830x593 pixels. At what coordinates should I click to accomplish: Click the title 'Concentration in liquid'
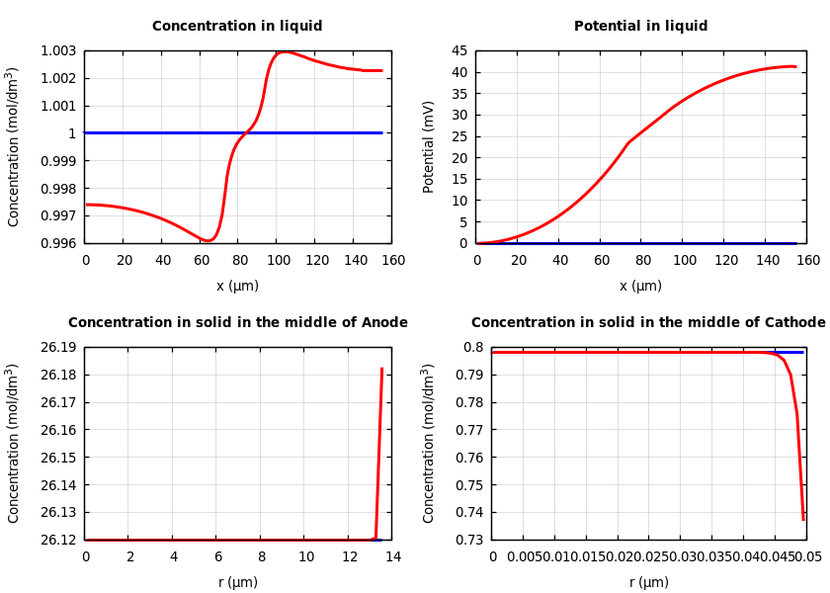(x=237, y=27)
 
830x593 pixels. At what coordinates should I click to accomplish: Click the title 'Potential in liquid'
(x=640, y=27)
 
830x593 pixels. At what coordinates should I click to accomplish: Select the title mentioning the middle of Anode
(x=237, y=323)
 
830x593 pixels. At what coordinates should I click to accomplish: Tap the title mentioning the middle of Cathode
(x=647, y=323)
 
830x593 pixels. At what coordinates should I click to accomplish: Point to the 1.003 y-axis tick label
(x=58, y=51)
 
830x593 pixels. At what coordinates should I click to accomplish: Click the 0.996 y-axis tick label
(x=58, y=243)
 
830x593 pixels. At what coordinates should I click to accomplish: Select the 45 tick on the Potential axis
(x=459, y=51)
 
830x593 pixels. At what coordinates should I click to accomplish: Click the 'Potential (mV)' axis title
(x=429, y=146)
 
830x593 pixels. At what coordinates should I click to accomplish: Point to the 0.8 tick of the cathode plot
(x=474, y=348)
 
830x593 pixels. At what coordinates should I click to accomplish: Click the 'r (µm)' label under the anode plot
(x=237, y=582)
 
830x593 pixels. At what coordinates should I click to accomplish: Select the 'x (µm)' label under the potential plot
(x=640, y=286)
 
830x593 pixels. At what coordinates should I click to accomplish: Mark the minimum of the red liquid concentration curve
(x=207, y=240)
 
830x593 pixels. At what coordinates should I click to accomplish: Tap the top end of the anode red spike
(x=381, y=369)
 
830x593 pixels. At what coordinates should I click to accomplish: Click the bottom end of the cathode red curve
(x=803, y=519)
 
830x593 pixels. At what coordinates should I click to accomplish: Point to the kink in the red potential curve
(x=629, y=142)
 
